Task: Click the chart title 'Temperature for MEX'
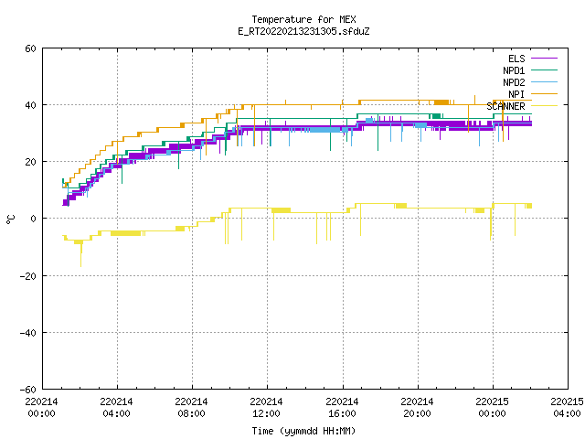[303, 19]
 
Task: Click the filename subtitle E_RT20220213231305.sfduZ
[303, 31]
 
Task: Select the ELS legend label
[516, 59]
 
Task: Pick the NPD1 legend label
[514, 70]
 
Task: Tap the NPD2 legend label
[514, 82]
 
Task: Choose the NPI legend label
[516, 94]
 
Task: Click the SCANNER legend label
[505, 106]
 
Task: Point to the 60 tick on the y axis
[30, 48]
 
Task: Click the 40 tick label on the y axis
[30, 105]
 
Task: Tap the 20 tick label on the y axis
[30, 162]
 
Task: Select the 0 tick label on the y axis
[34, 219]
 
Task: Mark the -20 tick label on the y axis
[28, 276]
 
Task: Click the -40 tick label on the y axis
[28, 333]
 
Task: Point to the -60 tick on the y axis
[28, 390]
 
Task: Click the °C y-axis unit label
[10, 219]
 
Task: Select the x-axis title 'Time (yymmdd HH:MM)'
[303, 431]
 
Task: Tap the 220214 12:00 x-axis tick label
[266, 408]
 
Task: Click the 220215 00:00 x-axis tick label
[492, 408]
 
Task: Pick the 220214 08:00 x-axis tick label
[191, 408]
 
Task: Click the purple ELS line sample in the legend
[544, 59]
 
